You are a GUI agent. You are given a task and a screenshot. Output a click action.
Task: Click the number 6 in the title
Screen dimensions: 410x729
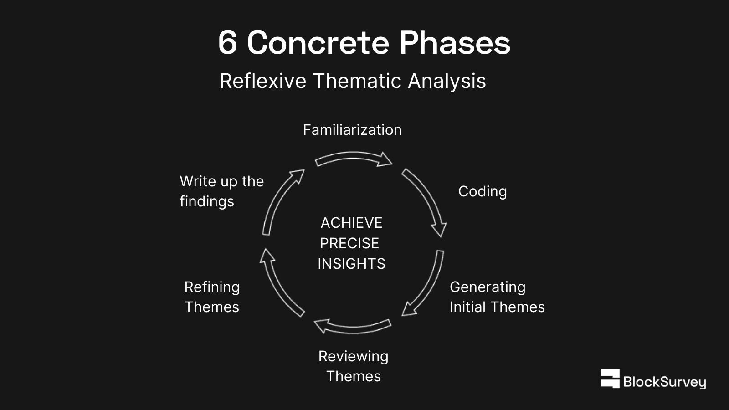tap(228, 43)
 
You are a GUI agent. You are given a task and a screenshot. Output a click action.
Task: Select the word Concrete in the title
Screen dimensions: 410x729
tap(318, 43)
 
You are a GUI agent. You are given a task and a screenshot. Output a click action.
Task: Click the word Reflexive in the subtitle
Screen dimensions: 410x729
tap(263, 81)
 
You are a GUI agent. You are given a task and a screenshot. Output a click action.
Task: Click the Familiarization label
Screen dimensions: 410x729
tap(352, 130)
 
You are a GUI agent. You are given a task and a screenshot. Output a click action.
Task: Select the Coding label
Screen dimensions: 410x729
tap(482, 191)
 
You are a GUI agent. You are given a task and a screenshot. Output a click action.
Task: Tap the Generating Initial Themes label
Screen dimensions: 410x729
tap(497, 297)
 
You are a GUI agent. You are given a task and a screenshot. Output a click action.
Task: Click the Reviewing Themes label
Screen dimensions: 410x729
tap(353, 366)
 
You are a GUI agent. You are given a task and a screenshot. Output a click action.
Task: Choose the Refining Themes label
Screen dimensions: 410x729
tap(212, 297)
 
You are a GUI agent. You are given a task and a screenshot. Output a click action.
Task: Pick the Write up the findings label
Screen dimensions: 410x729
tap(221, 191)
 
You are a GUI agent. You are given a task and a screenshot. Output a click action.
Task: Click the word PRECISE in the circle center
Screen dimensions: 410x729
tap(349, 243)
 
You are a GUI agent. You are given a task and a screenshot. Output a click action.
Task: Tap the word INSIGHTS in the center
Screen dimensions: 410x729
tap(351, 264)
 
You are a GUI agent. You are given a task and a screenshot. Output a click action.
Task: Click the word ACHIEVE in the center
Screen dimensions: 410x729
tap(351, 223)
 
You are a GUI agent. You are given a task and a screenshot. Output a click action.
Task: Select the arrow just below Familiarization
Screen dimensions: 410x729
tap(353, 159)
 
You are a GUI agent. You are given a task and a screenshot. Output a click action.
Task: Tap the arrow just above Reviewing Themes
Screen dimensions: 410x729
tap(352, 326)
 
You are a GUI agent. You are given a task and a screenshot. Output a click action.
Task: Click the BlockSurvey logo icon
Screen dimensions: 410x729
tap(610, 379)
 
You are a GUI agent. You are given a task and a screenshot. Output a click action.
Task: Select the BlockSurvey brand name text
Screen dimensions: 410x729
tap(664, 382)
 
